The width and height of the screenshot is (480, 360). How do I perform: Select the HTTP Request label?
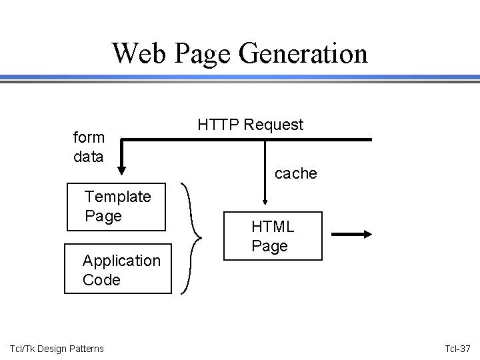coord(250,124)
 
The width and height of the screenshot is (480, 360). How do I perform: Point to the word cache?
coord(295,173)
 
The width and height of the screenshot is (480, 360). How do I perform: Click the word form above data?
coord(89,137)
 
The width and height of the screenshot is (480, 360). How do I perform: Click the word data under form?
coord(89,157)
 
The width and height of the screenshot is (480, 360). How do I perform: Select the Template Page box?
coord(117,206)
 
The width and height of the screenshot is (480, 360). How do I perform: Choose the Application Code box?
coord(117,269)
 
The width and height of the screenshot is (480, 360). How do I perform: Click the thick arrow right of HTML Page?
coord(353,234)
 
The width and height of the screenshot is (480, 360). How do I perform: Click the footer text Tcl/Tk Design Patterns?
coord(57,349)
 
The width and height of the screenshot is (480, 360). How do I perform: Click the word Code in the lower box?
coord(101,279)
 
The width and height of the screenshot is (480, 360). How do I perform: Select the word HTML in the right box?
coord(273,227)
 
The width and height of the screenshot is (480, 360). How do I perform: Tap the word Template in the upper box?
coord(117,197)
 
